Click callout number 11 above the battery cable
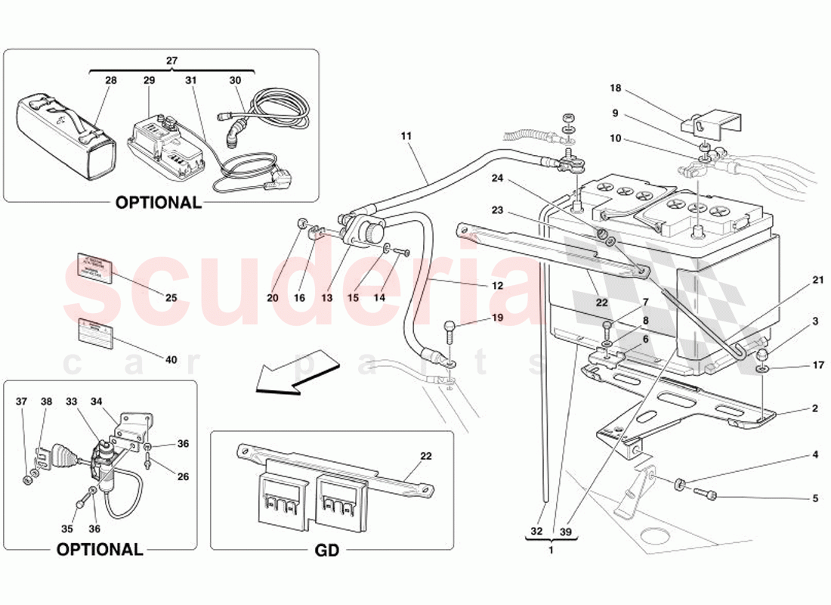406,136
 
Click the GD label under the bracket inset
327,551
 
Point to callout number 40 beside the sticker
171,360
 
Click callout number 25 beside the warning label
171,298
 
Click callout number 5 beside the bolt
815,498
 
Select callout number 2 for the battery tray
815,409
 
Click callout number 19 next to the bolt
496,318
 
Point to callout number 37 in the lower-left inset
22,402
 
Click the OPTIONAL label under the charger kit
158,203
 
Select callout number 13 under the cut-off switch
327,298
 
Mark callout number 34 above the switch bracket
97,402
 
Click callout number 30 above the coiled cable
235,80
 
